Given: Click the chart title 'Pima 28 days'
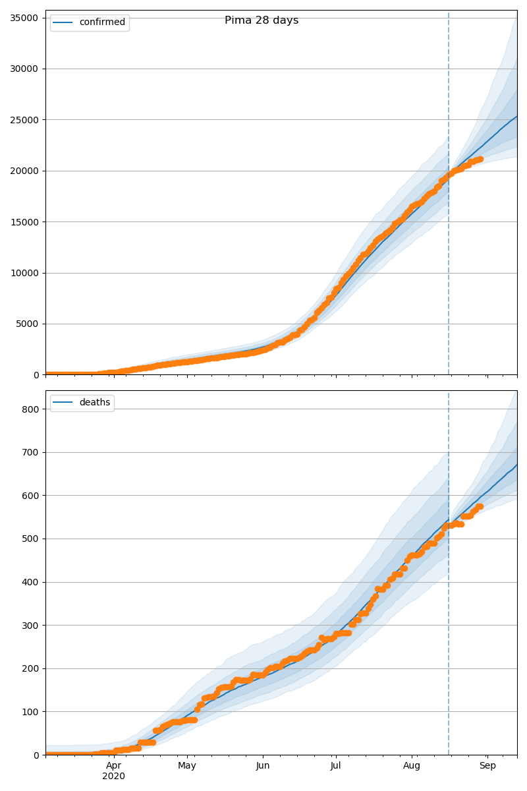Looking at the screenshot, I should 262,20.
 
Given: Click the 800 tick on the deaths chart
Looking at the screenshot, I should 30,409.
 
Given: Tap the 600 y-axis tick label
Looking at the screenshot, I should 30,496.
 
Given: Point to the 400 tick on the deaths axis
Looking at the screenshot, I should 30,582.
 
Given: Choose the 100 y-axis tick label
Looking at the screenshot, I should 30,712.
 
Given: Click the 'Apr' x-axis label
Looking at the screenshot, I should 114,766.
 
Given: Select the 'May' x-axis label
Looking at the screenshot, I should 187,766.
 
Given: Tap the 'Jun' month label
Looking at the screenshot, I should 263,766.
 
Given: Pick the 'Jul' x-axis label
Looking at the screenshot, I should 335,766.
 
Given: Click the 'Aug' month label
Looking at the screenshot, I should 412,766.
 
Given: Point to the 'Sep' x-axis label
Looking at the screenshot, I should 487,766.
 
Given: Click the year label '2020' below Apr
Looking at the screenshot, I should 114,776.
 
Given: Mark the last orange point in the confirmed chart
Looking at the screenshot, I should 480,159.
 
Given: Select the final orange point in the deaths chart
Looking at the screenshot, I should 480,506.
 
